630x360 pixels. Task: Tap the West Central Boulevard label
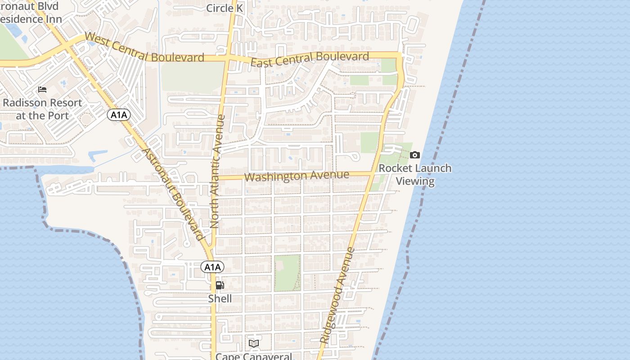click(144, 47)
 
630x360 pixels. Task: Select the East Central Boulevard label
click(310, 59)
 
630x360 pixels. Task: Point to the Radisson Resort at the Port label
click(42, 109)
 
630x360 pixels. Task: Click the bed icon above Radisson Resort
click(42, 90)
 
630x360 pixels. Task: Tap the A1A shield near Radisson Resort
click(119, 115)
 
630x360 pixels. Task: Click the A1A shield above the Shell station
click(212, 267)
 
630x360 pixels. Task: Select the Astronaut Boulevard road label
click(173, 194)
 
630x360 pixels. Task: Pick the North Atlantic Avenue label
click(218, 171)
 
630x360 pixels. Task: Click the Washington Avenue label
click(297, 175)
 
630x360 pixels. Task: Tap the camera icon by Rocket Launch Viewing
click(415, 155)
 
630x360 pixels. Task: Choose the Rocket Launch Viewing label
click(415, 175)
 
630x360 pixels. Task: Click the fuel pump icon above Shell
click(220, 285)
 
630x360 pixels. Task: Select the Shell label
click(220, 299)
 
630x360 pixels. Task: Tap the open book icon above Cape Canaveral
click(254, 344)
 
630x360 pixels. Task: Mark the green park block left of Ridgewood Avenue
click(287, 272)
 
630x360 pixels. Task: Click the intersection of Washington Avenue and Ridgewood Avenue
click(373, 173)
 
